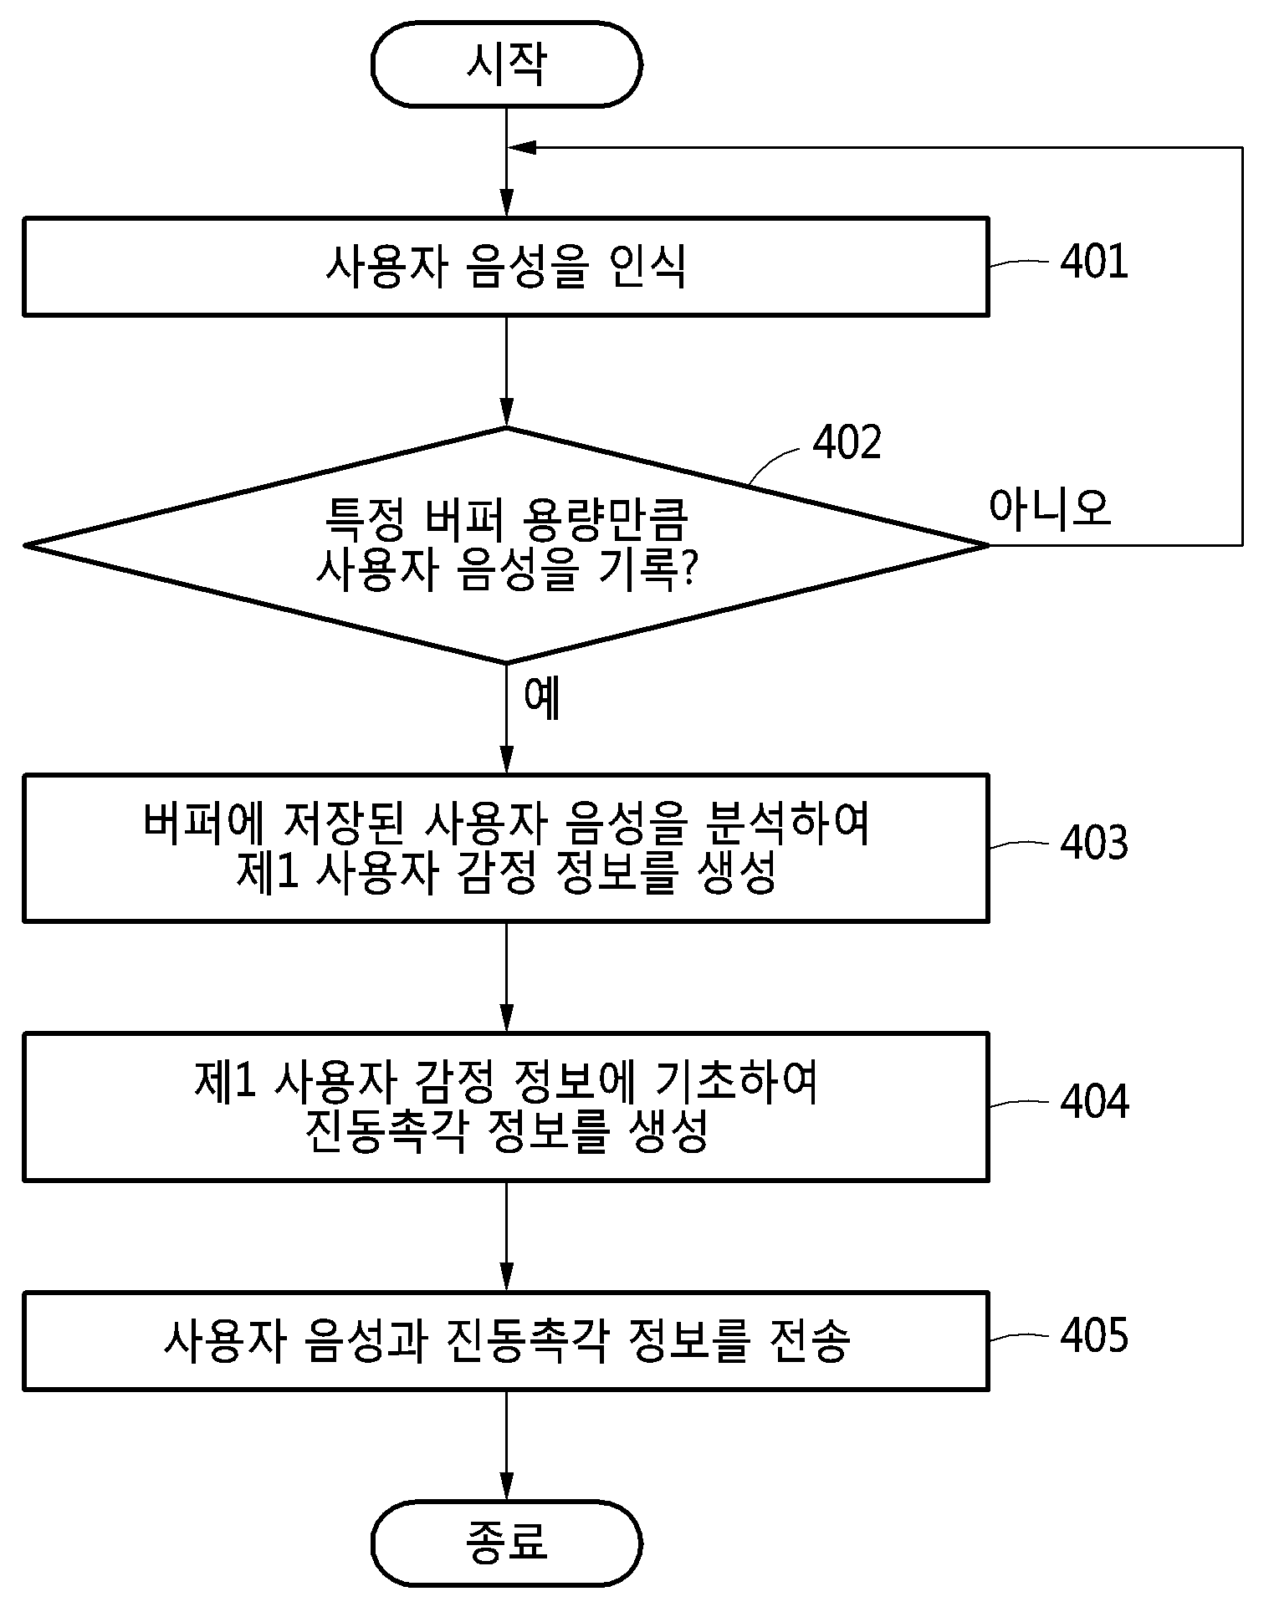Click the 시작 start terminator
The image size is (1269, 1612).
pos(506,64)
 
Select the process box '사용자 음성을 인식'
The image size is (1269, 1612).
pos(506,267)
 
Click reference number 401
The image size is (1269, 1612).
pos(1094,262)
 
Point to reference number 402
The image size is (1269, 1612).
pos(847,442)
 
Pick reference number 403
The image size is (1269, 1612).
pos(1094,843)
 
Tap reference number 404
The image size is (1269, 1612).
pos(1094,1102)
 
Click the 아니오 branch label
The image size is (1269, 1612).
pos(1050,507)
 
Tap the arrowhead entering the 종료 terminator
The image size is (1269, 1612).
pos(506,1487)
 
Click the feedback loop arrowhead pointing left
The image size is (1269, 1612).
pos(522,148)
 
